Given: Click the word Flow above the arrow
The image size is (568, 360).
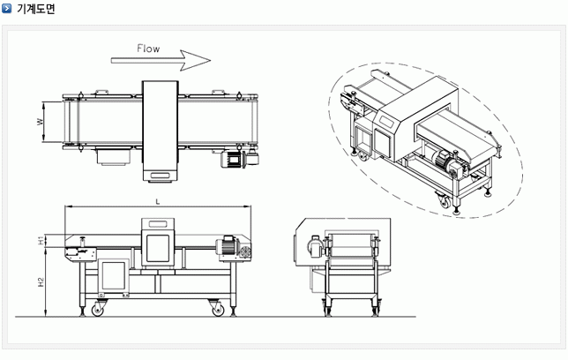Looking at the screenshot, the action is click(148, 49).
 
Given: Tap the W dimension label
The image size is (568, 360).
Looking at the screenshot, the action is click(40, 122).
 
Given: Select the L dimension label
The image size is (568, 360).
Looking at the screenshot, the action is click(158, 202).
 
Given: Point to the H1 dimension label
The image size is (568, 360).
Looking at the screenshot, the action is click(41, 240).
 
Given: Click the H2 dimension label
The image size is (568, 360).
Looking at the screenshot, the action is click(41, 282).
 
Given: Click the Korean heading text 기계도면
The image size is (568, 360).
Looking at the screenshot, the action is click(36, 8).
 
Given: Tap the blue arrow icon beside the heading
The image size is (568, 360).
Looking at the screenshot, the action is click(6, 8).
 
